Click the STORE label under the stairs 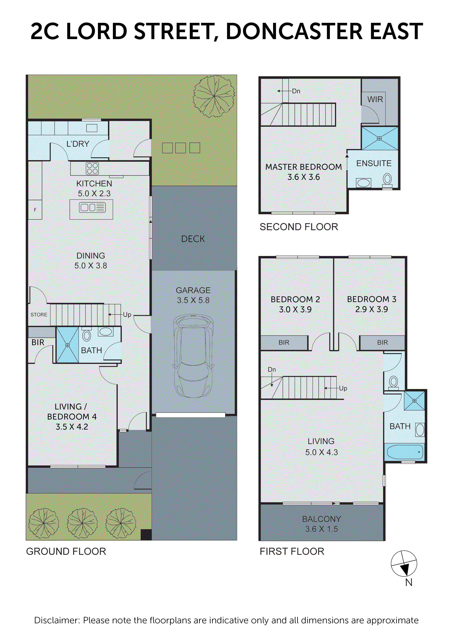pos(39,315)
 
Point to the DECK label pos(193,239)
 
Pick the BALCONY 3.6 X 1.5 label pos(321,524)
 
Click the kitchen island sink pos(92,207)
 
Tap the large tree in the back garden pos(214,96)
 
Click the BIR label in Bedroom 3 pos(382,343)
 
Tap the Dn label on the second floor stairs pos(296,91)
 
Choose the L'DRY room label pos(78,144)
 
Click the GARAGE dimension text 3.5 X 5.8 pos(193,300)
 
